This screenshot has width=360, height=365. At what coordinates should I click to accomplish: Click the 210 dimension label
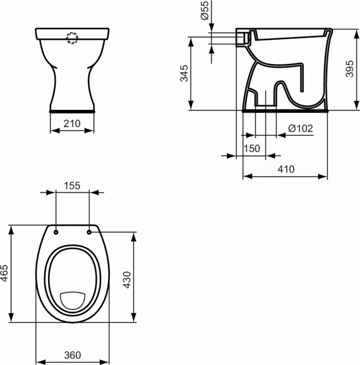point(72,123)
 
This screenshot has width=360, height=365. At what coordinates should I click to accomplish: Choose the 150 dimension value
point(252,149)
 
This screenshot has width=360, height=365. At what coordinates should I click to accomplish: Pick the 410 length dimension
point(285,169)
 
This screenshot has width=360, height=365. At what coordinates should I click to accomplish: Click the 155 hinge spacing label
point(72,185)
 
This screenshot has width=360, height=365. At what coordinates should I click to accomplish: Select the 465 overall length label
point(5,273)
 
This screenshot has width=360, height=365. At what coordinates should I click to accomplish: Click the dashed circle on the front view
point(72,38)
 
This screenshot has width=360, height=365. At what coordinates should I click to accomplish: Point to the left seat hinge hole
point(56,232)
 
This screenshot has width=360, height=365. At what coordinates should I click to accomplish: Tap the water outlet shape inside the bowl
point(72,300)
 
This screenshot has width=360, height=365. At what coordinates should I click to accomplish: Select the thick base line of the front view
point(72,109)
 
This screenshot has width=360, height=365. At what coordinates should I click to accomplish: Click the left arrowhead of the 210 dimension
point(52,131)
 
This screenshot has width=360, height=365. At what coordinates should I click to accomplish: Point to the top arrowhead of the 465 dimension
point(12,227)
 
